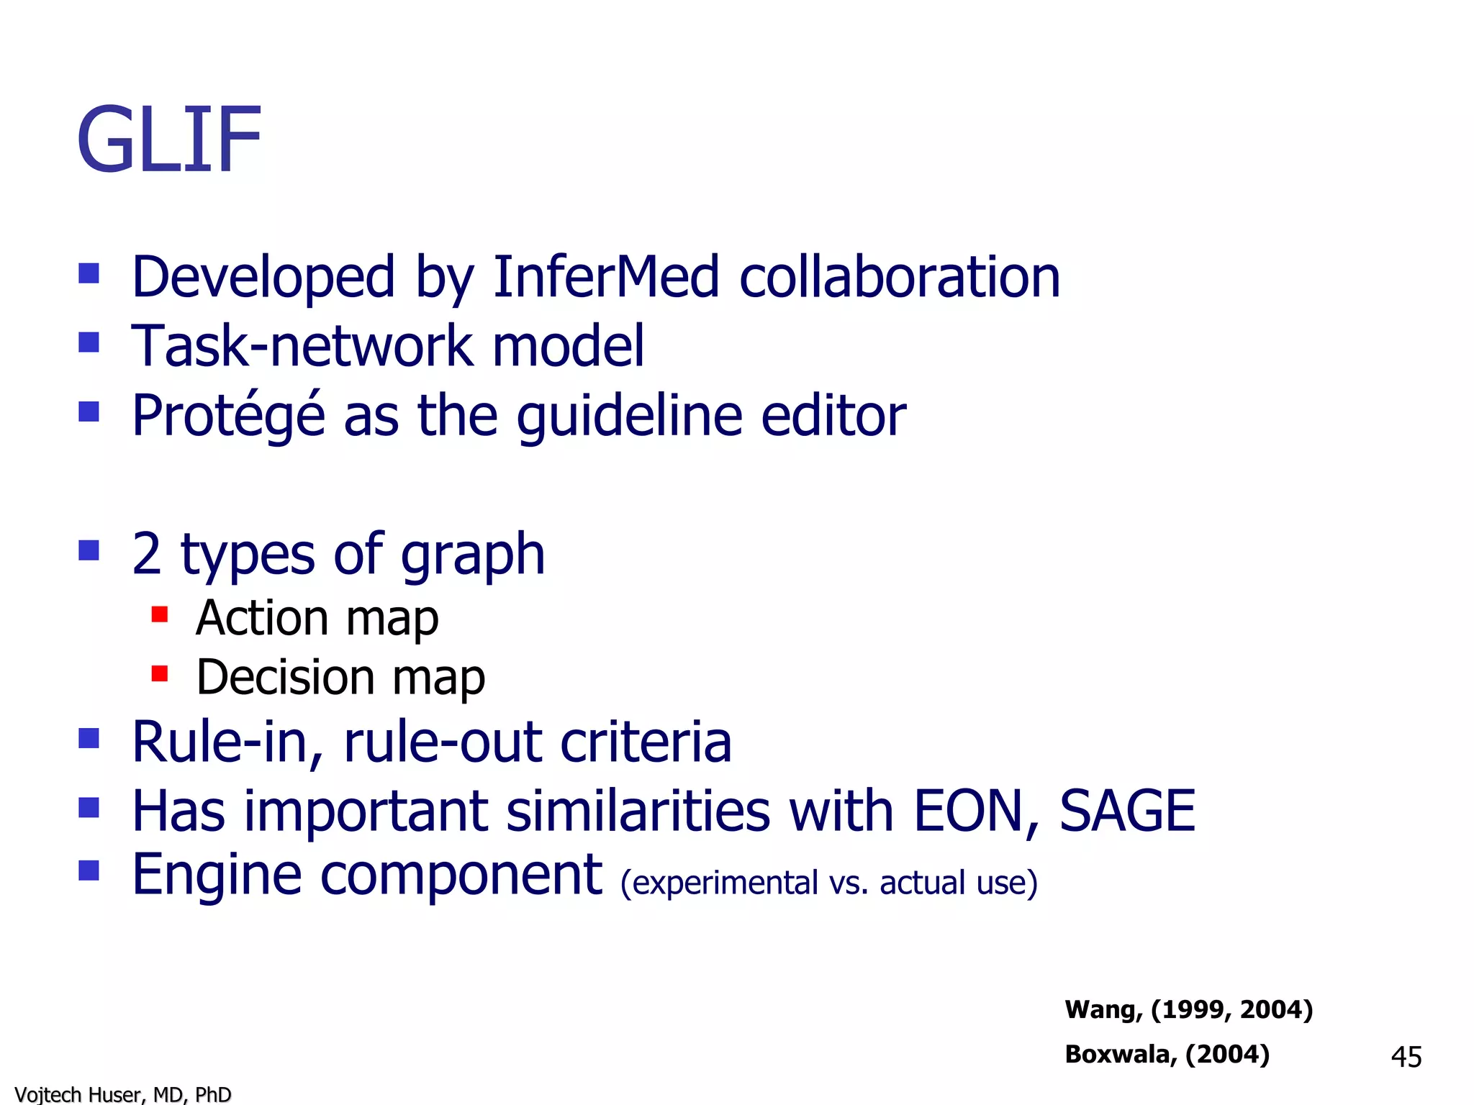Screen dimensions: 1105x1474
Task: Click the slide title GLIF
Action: (169, 140)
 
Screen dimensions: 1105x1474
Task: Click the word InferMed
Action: (605, 277)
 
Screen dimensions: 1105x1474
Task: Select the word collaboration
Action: (900, 277)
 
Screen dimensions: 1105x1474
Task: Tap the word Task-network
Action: (302, 346)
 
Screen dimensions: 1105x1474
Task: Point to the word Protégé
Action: (228, 415)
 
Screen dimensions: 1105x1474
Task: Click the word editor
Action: (833, 415)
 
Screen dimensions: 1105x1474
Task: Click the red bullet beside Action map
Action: (160, 614)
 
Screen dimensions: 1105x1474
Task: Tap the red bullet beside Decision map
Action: (160, 674)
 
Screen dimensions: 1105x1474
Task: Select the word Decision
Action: (286, 678)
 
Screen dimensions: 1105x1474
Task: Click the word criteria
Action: (646, 742)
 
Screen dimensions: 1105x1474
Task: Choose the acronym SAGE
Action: (1127, 811)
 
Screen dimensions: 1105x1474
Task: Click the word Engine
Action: (217, 876)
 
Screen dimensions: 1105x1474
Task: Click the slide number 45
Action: (1406, 1057)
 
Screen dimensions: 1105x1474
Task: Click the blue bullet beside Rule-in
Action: (89, 739)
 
